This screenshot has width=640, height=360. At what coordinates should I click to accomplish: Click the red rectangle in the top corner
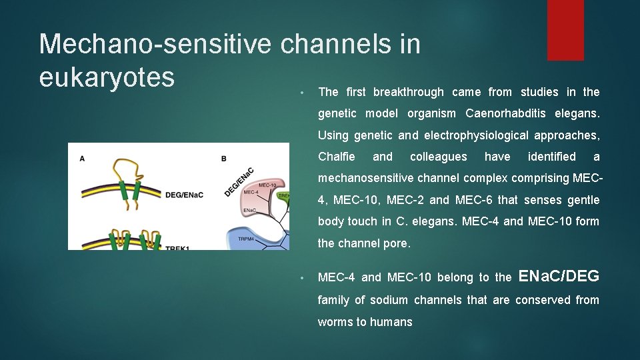[565, 30]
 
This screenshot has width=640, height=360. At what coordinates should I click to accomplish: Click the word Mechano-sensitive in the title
[155, 45]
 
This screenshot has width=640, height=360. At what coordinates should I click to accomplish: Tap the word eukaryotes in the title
[107, 77]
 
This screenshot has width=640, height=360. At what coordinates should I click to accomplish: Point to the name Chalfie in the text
[337, 157]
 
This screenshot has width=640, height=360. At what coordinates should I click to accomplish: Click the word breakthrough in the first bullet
[408, 92]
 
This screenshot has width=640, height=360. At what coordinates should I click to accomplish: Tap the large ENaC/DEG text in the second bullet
[559, 276]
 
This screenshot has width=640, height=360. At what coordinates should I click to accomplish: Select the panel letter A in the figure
[82, 158]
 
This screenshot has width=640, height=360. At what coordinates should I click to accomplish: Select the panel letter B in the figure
[224, 159]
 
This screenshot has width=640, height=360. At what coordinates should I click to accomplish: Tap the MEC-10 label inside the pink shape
[267, 185]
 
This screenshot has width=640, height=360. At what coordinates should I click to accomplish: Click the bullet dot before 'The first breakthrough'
[302, 92]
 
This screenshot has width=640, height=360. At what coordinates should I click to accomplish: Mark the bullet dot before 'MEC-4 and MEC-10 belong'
[302, 277]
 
